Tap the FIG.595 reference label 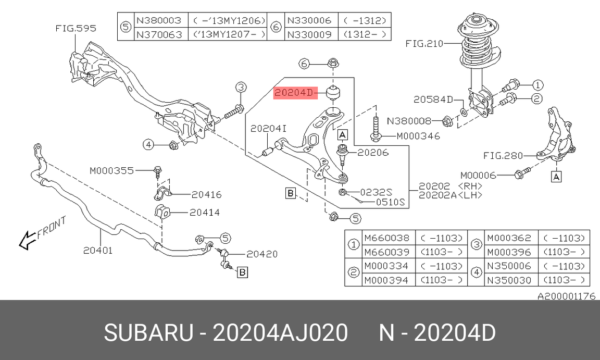(76, 29)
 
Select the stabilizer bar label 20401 (97, 250)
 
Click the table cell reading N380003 (159, 21)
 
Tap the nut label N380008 (409, 121)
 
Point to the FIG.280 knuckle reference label (502, 155)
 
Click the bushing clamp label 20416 (206, 195)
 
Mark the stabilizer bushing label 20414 (204, 213)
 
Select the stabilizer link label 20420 (261, 254)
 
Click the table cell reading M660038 (386, 238)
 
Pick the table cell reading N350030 (508, 280)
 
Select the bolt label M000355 (111, 170)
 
